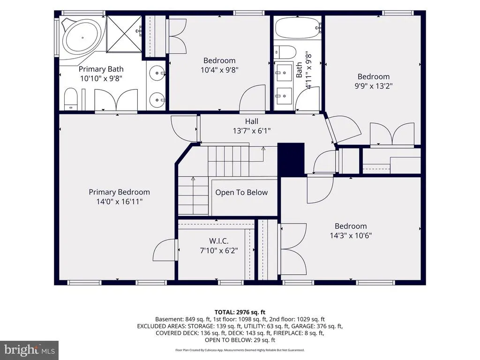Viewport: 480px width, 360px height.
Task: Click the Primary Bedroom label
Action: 120,192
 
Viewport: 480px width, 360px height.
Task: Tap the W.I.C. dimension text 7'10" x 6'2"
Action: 219,250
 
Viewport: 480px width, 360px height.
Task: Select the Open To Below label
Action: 241,192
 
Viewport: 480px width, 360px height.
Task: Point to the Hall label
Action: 251,121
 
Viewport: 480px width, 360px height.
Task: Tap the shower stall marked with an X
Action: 124,34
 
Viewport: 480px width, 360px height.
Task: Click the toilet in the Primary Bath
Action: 71,99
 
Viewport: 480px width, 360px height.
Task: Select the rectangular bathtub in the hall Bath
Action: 297,28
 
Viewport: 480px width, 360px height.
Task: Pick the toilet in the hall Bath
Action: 285,52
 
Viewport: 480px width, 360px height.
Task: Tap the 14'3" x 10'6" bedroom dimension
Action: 351,235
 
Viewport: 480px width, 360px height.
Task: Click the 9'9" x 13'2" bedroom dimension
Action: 374,86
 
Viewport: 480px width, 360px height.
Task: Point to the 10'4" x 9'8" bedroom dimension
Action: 219,70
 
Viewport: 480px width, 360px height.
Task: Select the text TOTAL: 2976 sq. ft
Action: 240,312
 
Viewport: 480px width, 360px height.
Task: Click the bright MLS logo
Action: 30,350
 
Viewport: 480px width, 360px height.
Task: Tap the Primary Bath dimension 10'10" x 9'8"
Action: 101,78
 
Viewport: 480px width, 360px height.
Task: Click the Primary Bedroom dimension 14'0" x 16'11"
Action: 120,202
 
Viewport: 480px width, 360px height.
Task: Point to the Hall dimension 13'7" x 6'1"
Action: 252,131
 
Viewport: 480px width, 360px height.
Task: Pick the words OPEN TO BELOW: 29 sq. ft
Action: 240,340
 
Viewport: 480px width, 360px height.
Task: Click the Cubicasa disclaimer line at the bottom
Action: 240,350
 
